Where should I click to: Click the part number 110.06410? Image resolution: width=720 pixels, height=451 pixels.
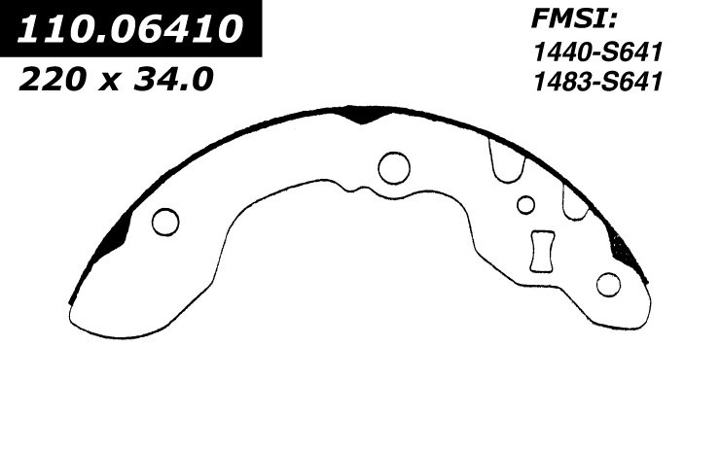[x=130, y=28]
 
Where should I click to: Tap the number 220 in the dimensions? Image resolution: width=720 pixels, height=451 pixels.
[x=53, y=79]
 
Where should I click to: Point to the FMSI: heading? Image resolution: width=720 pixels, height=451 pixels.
[x=573, y=19]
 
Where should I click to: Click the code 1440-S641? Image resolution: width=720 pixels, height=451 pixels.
[x=597, y=52]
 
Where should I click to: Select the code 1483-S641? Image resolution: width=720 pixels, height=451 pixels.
[x=597, y=82]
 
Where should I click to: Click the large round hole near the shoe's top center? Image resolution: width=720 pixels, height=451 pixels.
[x=394, y=168]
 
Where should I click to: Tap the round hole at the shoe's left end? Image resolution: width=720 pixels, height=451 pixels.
[x=165, y=222]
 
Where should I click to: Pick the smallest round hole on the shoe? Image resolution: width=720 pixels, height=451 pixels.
[x=525, y=205]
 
